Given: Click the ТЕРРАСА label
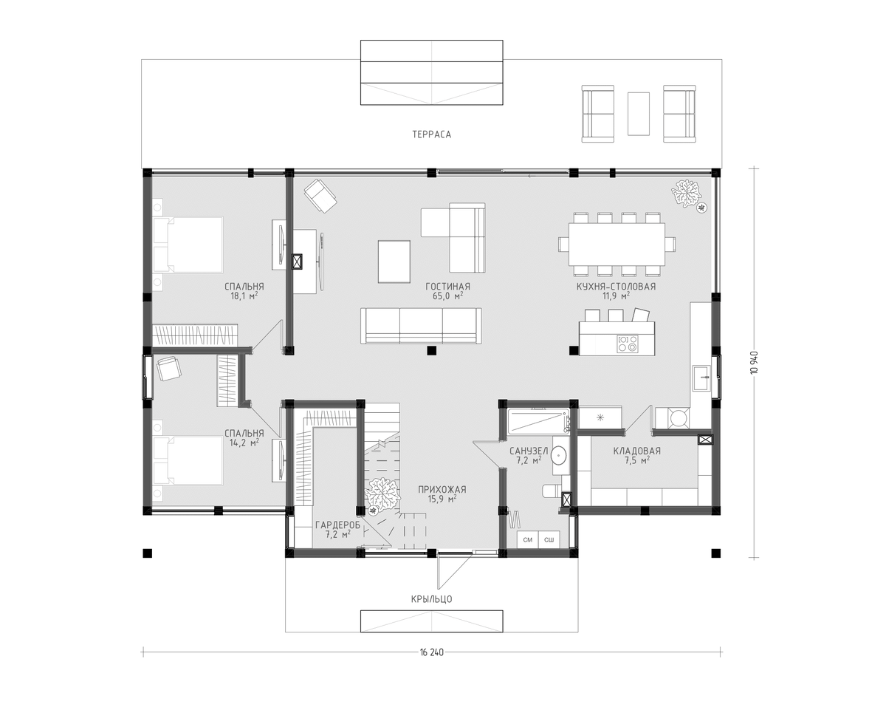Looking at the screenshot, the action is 431,134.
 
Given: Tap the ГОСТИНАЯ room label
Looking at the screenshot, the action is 447,287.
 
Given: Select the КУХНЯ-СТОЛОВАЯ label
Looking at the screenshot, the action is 616,287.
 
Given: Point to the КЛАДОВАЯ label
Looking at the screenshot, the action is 637,451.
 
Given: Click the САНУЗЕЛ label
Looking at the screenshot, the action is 529,451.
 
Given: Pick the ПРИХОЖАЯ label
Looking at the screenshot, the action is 442,490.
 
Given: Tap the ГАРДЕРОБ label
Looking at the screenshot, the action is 337,525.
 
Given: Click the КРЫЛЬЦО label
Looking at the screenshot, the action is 431,599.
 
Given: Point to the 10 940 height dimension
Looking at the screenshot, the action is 754,362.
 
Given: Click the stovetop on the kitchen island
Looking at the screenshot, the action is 628,344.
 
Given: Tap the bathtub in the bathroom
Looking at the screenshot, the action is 538,421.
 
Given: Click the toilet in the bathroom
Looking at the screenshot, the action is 552,491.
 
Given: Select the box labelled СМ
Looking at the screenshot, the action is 527,540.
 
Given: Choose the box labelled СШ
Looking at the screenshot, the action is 549,540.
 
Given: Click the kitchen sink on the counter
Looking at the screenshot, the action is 701,378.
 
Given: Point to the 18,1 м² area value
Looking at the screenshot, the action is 244,296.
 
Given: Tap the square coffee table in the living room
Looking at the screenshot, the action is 394,262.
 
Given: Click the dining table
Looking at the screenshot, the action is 617,245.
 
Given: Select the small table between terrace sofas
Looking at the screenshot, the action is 639,114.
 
